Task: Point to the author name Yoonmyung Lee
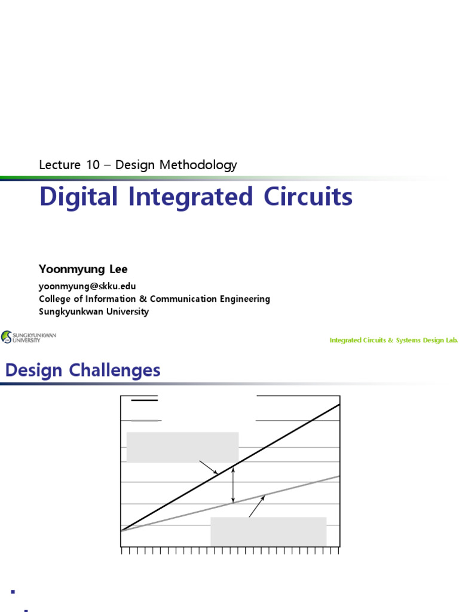83,270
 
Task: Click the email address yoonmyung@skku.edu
87,286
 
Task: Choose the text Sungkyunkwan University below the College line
94,311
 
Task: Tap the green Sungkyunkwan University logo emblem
7,337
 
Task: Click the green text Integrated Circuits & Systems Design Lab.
393,340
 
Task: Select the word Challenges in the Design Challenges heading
115,371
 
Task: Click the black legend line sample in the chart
144,397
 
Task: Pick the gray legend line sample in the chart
144,420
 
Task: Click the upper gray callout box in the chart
183,447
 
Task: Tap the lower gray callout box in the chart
268,531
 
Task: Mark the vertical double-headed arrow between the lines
234,485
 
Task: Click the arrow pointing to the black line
209,467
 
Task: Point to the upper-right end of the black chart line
338,405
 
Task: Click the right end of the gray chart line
339,476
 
